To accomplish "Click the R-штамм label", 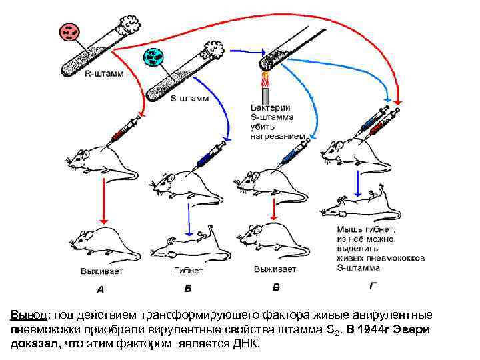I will point(105,75).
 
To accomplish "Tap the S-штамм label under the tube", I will point(190,99).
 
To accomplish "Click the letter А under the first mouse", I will point(101,289).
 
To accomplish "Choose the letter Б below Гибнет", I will point(188,289).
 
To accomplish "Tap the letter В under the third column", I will point(276,288).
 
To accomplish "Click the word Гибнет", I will point(188,271).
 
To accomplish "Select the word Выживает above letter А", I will point(101,271).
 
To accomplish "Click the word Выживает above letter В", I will point(275,269).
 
